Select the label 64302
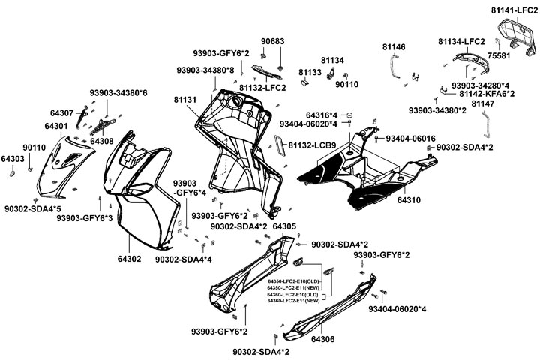pos(129,259)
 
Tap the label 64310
pos(409,201)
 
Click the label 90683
pos(273,41)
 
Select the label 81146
pos(394,46)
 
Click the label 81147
pos(483,103)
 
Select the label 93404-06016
pos(410,139)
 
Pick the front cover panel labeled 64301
pos(68,161)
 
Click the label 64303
pos(13,159)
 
